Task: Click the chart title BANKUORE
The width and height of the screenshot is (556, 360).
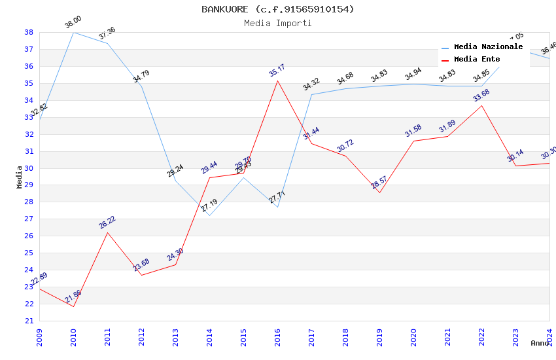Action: [277, 9]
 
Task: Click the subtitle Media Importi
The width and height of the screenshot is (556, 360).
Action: [277, 23]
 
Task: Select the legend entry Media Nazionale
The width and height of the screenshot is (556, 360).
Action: [488, 47]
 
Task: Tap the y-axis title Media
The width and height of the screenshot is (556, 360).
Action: [20, 176]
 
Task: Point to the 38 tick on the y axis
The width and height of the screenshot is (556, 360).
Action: [29, 32]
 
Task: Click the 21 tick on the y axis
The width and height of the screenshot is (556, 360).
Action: [29, 321]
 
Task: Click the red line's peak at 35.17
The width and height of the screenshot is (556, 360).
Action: [277, 81]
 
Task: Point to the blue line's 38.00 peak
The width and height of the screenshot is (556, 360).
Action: [73, 32]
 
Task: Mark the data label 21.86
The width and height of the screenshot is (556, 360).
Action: [73, 297]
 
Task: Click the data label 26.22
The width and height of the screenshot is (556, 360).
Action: [107, 223]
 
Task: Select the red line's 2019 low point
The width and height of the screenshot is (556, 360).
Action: [379, 192]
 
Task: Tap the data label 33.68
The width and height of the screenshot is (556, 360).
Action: [481, 96]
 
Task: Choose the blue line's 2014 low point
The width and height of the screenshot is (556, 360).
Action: [209, 215]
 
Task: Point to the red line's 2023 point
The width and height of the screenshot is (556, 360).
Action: [515, 166]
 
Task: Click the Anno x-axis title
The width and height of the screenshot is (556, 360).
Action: [540, 343]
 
